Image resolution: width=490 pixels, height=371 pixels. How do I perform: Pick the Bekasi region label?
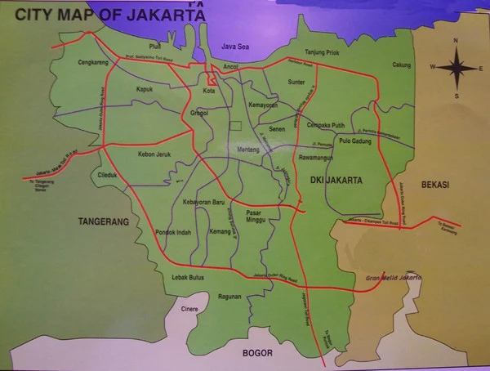point(435,185)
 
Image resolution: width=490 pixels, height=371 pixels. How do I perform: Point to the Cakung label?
point(401,65)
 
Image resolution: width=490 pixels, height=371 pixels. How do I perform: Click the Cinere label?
point(188,310)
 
